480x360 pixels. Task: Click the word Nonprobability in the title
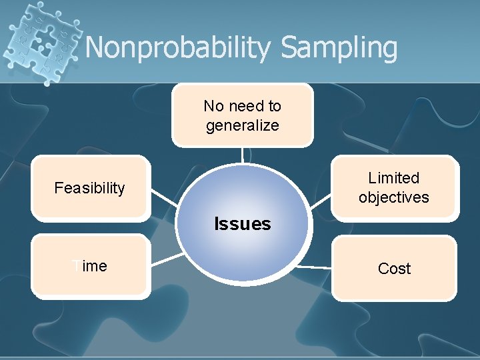(x=179, y=48)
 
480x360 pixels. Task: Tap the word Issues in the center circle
(x=242, y=224)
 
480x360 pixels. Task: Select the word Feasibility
(x=89, y=188)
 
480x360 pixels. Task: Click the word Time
(x=90, y=266)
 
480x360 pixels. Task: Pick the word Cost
(x=394, y=269)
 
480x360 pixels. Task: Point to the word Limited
(x=393, y=178)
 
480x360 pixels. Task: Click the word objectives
(x=393, y=197)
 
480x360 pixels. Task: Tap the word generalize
(x=242, y=125)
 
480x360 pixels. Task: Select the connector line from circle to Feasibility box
(x=164, y=198)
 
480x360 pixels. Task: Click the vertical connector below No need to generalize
(x=242, y=155)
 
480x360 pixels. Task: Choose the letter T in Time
(x=76, y=266)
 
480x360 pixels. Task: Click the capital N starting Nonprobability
(x=97, y=48)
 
